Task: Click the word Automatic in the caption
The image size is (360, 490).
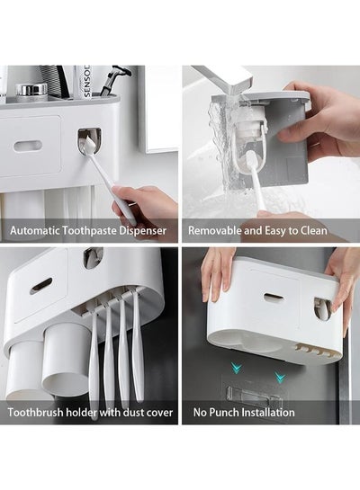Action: click(x=35, y=231)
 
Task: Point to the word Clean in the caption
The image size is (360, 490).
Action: click(x=314, y=231)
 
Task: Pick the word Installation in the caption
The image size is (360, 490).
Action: click(x=269, y=413)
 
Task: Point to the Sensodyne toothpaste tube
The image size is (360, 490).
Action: click(x=84, y=82)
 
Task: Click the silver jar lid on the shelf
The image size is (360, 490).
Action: click(x=31, y=91)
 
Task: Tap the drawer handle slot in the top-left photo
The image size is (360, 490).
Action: click(x=28, y=146)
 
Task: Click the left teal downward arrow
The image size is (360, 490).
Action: click(x=237, y=367)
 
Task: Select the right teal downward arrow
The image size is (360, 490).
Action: click(x=279, y=377)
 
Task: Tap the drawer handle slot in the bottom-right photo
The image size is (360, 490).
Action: click(x=274, y=298)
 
